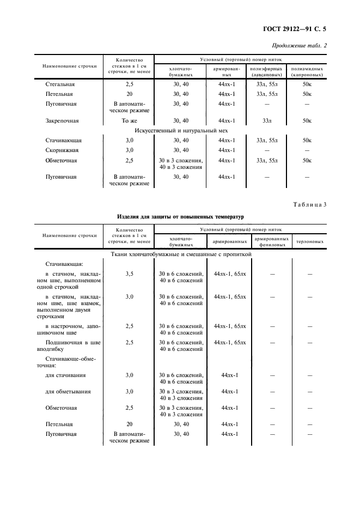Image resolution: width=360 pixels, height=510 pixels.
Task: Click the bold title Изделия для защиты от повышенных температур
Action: tap(181, 216)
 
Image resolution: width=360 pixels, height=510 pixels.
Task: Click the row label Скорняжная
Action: tap(62, 150)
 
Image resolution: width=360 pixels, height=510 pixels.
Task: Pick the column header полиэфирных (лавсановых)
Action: tap(267, 72)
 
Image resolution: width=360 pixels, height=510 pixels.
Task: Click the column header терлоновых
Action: tap(309, 241)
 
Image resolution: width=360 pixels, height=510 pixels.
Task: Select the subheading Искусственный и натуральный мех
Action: tap(181, 130)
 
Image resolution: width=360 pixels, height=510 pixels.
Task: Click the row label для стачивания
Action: tap(65, 375)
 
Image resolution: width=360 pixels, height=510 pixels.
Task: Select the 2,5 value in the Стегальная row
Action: tap(129, 84)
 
